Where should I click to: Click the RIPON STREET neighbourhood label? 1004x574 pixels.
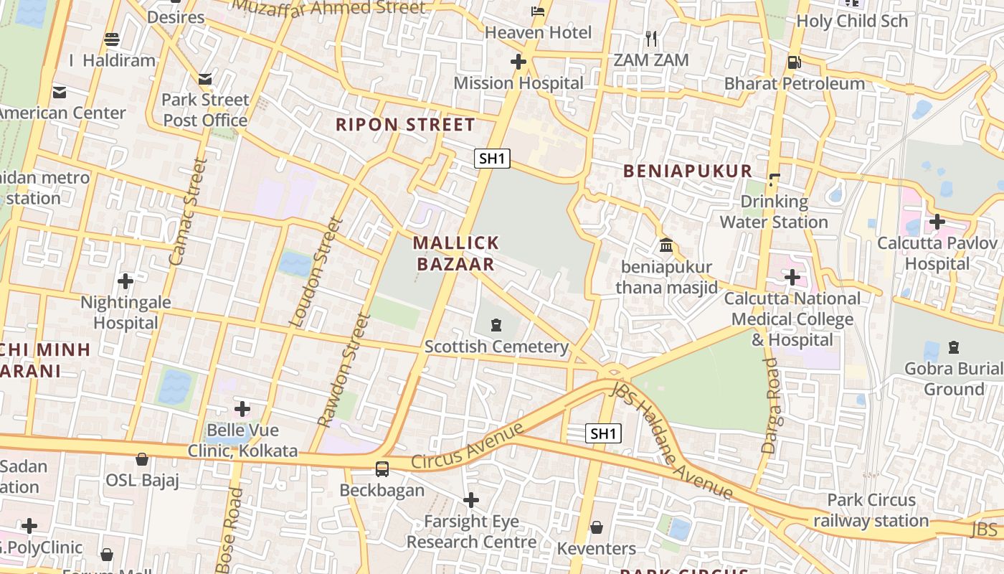click(404, 124)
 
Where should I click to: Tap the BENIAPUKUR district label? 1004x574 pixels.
click(687, 171)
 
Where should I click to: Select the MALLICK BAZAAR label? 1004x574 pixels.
click(455, 253)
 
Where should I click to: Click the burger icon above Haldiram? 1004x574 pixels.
click(112, 39)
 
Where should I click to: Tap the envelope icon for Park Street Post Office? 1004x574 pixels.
click(205, 78)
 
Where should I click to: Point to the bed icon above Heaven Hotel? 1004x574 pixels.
click(538, 11)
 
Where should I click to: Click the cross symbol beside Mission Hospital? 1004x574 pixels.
click(518, 62)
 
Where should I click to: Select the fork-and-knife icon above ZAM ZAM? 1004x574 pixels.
click(651, 38)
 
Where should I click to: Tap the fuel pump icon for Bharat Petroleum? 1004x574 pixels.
click(794, 62)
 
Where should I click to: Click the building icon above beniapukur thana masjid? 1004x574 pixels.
click(666, 246)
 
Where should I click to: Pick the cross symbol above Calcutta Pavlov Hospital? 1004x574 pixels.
click(937, 222)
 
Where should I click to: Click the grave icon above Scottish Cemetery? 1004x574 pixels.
click(496, 326)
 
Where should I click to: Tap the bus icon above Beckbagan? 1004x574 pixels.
click(382, 469)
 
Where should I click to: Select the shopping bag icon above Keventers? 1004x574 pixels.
click(596, 528)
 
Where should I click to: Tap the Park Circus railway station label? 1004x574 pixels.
click(871, 510)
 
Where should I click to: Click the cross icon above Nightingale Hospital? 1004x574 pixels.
click(126, 281)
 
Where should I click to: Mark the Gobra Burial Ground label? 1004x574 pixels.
click(953, 379)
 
